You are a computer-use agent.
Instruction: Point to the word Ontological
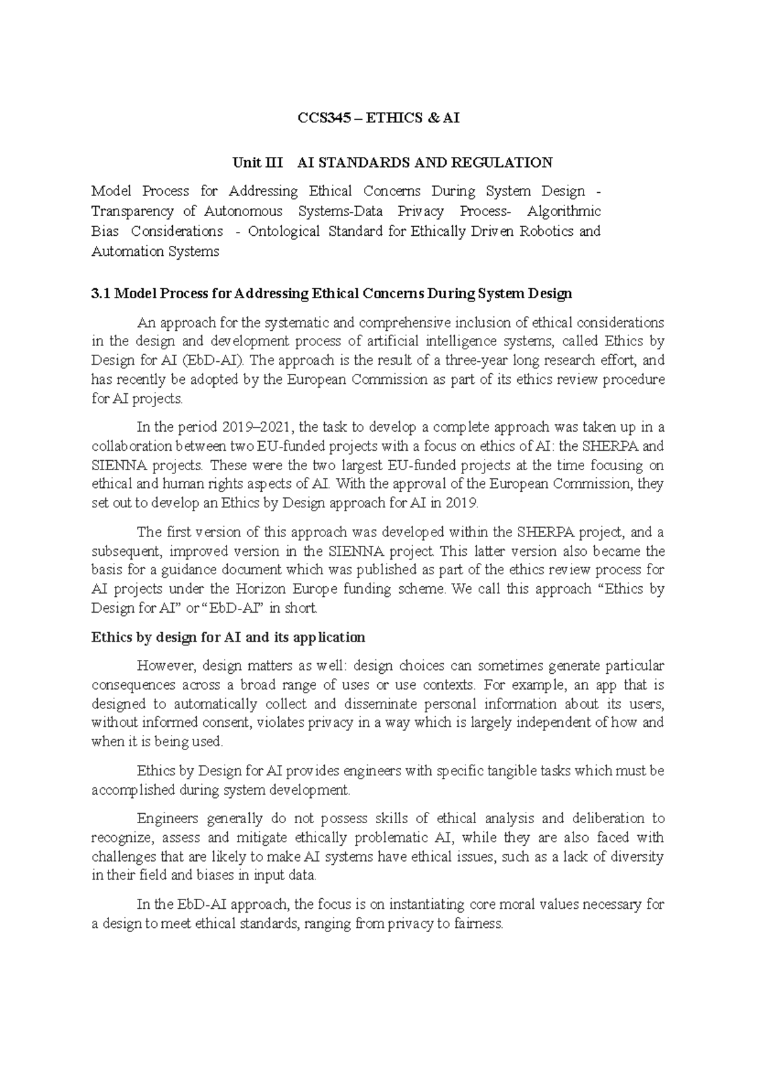pyautogui.click(x=284, y=231)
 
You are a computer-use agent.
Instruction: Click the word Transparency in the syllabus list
pyautogui.click(x=132, y=211)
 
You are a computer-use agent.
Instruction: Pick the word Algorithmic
pyautogui.click(x=564, y=211)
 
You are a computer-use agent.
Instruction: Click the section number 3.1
pyautogui.click(x=101, y=294)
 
